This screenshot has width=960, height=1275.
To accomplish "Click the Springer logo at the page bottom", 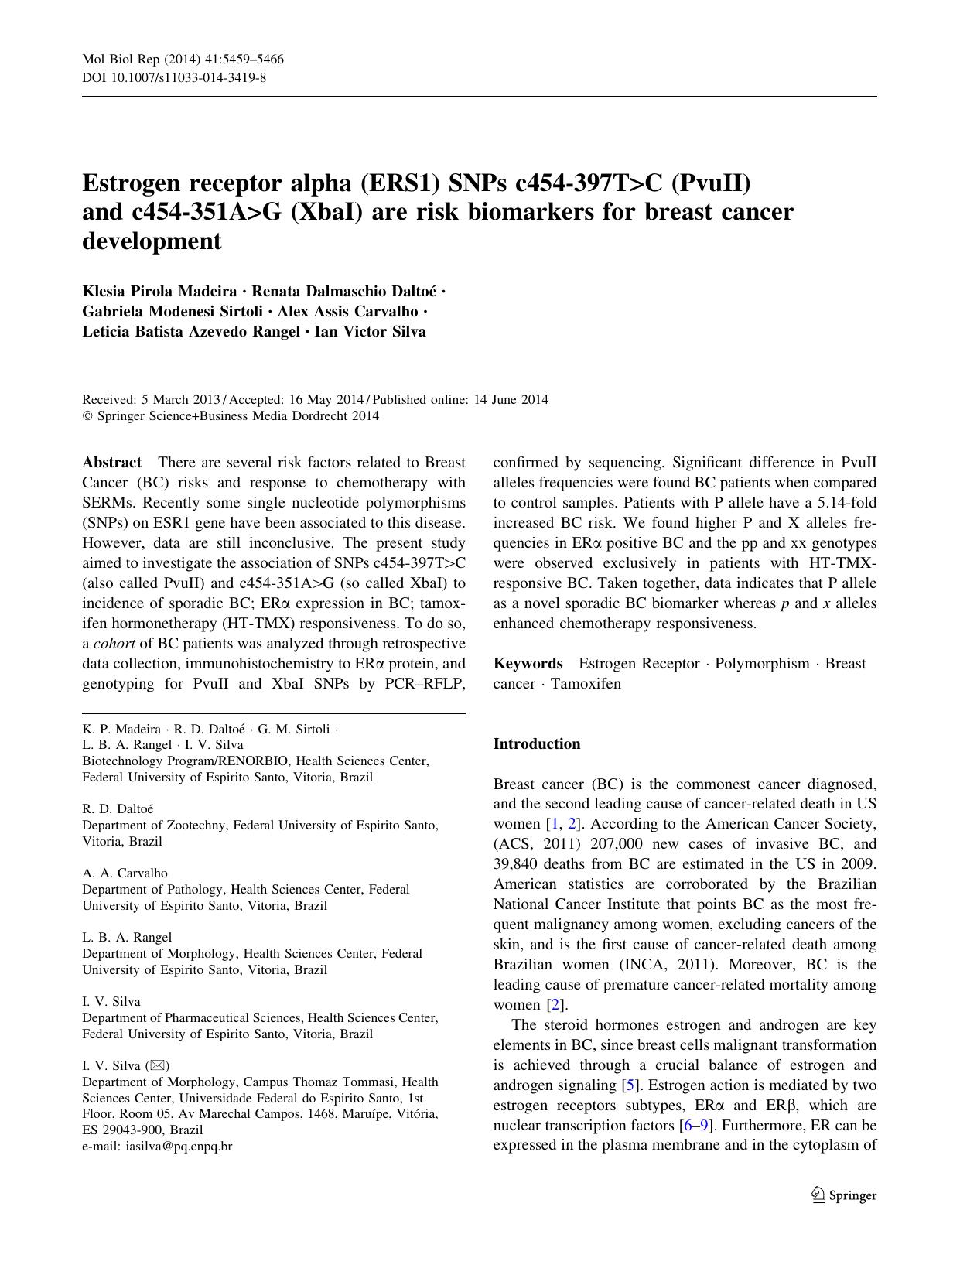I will tap(843, 1195).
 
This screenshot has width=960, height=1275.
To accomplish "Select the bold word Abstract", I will tap(111, 463).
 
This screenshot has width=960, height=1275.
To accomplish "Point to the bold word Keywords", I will tap(528, 664).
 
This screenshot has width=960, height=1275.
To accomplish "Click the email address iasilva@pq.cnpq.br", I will tap(179, 1147).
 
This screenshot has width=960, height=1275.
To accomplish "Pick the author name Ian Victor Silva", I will tap(370, 332).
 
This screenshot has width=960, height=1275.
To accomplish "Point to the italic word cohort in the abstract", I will tap(114, 644).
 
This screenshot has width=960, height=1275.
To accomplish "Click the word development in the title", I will tap(152, 241).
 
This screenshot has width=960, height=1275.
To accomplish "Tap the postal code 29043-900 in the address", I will tap(133, 1130).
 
